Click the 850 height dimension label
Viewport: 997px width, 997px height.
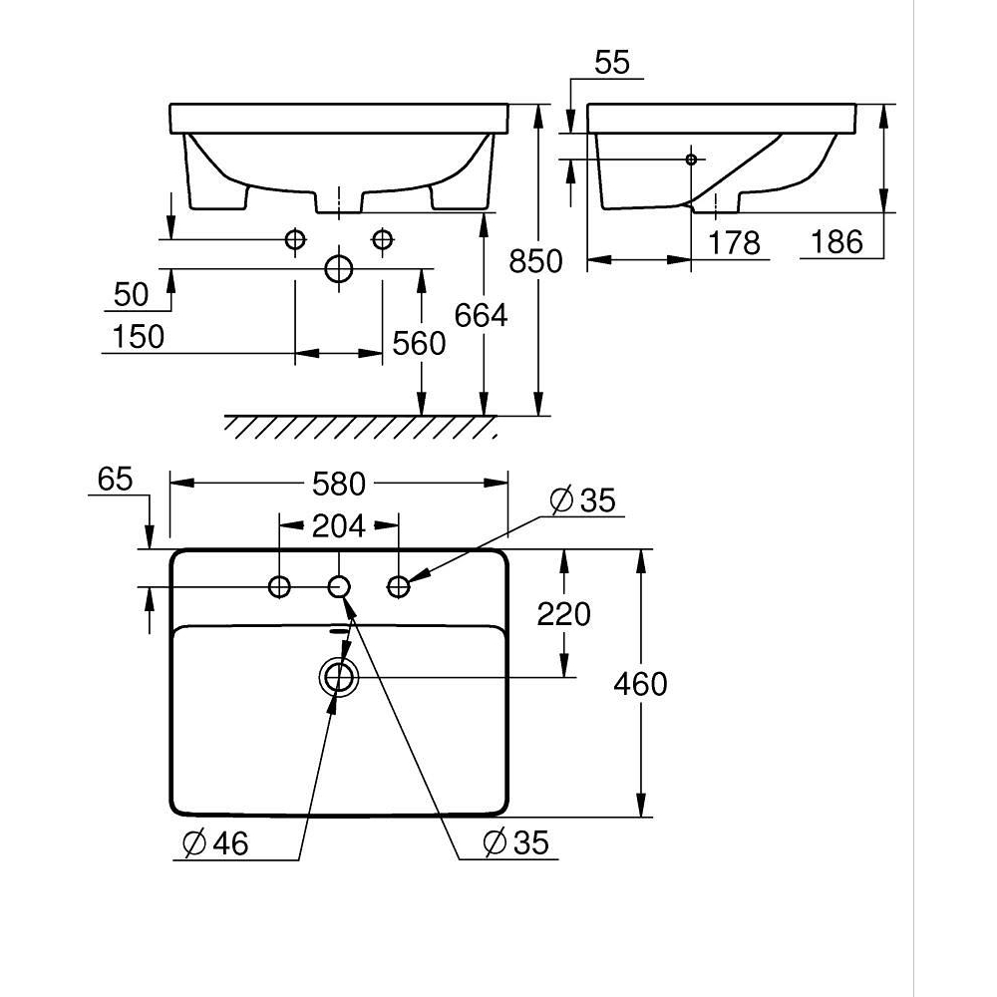(x=535, y=261)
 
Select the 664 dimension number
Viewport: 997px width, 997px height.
(x=481, y=315)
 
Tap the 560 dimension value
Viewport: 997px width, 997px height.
(x=419, y=344)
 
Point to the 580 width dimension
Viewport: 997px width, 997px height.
(x=339, y=485)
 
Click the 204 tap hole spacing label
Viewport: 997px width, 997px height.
(x=338, y=526)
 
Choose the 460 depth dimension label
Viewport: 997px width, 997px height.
(x=640, y=684)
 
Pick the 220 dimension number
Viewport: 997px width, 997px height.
(x=564, y=614)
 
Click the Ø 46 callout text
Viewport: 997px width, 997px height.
(x=215, y=843)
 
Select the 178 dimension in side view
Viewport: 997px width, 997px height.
(x=734, y=243)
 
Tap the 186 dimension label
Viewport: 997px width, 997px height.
(x=836, y=242)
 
